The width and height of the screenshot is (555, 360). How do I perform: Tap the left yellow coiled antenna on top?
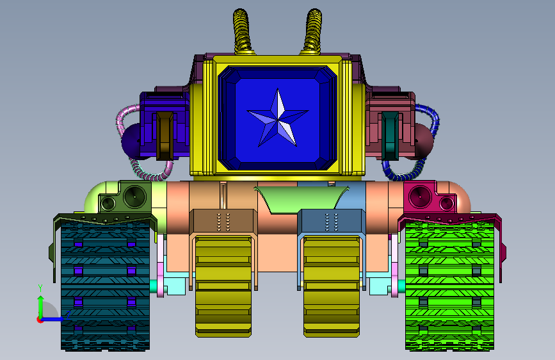tap(242, 32)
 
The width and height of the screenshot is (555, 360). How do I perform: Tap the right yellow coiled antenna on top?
tap(313, 32)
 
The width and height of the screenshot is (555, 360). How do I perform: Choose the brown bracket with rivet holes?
tap(223, 221)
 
